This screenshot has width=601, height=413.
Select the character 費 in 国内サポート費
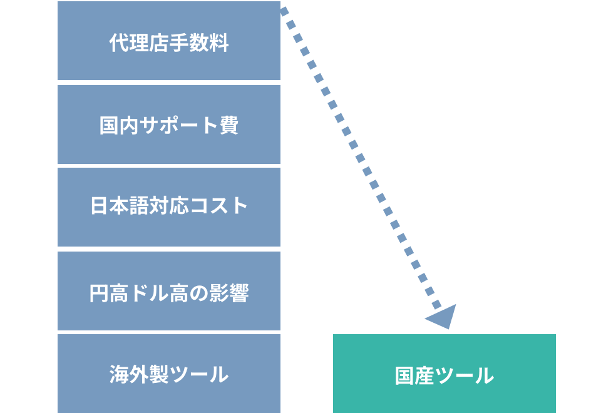229,125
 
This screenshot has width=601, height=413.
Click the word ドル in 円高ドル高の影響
149,293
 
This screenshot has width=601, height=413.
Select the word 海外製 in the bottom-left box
139,374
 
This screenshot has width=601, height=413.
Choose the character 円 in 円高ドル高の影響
100,293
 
